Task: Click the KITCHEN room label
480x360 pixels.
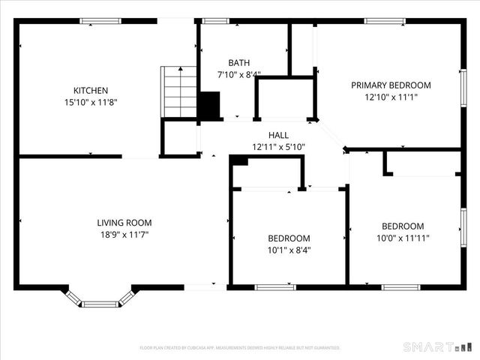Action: (x=90, y=90)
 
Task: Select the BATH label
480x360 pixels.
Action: (x=239, y=63)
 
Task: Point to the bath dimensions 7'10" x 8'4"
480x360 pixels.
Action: (x=239, y=74)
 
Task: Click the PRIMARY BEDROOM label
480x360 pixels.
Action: (x=391, y=85)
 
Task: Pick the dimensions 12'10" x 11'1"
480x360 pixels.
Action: (x=391, y=97)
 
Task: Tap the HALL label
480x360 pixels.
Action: (x=268, y=135)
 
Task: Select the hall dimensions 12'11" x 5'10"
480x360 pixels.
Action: (x=268, y=147)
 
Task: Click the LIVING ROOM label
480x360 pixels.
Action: (x=124, y=223)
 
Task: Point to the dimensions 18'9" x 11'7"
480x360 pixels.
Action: (x=124, y=235)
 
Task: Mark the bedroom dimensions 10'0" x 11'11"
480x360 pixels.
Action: (x=403, y=238)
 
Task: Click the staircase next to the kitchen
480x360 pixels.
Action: (x=179, y=91)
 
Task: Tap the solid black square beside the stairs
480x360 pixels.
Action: (x=208, y=105)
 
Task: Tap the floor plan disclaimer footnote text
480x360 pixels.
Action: (x=240, y=348)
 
